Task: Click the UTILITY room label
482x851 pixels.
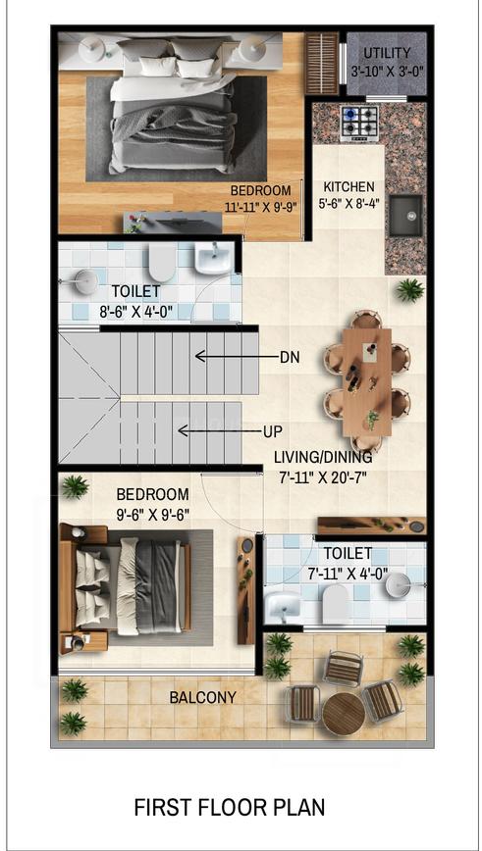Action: [x=387, y=53]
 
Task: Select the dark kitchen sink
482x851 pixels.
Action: [x=405, y=216]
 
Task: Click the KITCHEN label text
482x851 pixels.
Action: [x=348, y=186]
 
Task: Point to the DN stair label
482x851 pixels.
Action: [x=290, y=358]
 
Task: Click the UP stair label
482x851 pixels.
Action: [x=273, y=432]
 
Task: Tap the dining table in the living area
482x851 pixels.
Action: [x=367, y=382]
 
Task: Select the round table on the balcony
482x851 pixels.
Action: [x=344, y=715]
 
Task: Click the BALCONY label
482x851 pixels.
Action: [x=202, y=697]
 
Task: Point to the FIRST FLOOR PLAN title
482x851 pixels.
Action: [x=230, y=808]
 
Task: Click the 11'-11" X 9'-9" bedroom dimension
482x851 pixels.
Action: [x=262, y=207]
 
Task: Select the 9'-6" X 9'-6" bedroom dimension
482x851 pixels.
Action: [x=153, y=515]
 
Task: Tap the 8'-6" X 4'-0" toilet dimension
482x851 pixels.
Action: [x=135, y=313]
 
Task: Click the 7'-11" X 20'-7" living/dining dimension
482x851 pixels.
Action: [x=323, y=477]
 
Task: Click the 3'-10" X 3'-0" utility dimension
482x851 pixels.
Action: [x=387, y=71]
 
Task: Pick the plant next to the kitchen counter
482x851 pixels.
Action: [x=409, y=290]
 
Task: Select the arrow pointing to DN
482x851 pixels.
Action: [x=236, y=357]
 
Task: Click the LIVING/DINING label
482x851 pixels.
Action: [x=323, y=457]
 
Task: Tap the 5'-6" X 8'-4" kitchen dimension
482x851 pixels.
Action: [x=348, y=204]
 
